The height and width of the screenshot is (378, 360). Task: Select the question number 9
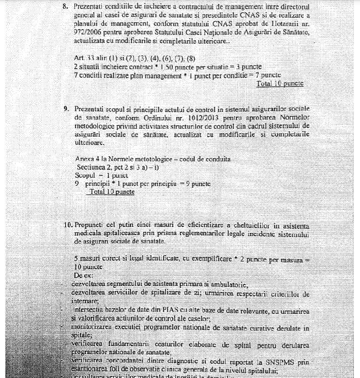65,109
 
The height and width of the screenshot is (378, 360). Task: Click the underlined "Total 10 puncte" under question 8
280,83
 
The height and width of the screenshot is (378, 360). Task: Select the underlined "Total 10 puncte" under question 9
112,192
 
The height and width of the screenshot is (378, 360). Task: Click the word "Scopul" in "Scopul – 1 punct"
85,176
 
